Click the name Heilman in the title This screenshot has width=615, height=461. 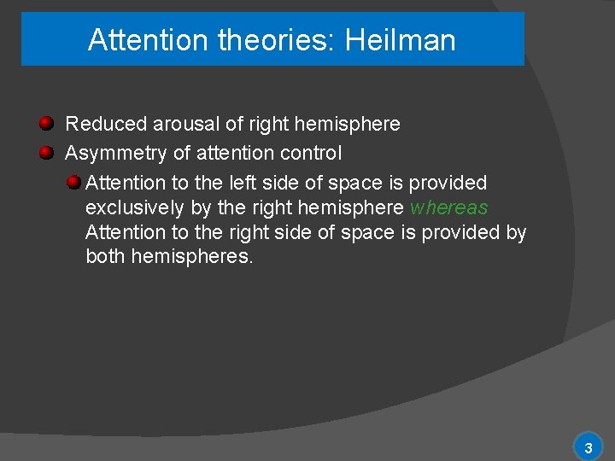coord(401,40)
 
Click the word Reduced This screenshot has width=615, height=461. coord(107,125)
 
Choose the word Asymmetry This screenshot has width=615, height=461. coord(116,154)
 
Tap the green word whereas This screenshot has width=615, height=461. coord(449,207)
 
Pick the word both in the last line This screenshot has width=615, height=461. coord(106,256)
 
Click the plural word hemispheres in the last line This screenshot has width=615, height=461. coord(192,256)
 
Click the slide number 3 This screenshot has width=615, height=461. coord(588,447)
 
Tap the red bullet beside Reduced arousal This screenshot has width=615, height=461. coord(47,124)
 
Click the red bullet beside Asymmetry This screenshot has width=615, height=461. coord(47,153)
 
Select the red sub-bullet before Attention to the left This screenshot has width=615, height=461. coord(74,182)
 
